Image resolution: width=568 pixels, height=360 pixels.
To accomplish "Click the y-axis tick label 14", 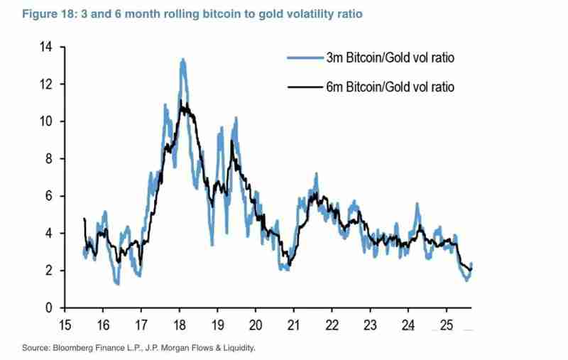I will tap(47, 47).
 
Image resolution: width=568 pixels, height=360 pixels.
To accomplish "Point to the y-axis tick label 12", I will tap(47, 84).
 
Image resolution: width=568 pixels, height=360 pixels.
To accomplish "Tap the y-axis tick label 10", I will tap(47, 121).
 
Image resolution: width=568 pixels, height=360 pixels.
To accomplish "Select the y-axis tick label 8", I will tap(50, 159).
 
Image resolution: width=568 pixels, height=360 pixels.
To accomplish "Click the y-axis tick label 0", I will tap(50, 308).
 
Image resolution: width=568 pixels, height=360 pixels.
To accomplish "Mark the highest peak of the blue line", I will tap(183, 60).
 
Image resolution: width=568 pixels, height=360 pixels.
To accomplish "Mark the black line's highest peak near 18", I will tap(182, 104).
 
